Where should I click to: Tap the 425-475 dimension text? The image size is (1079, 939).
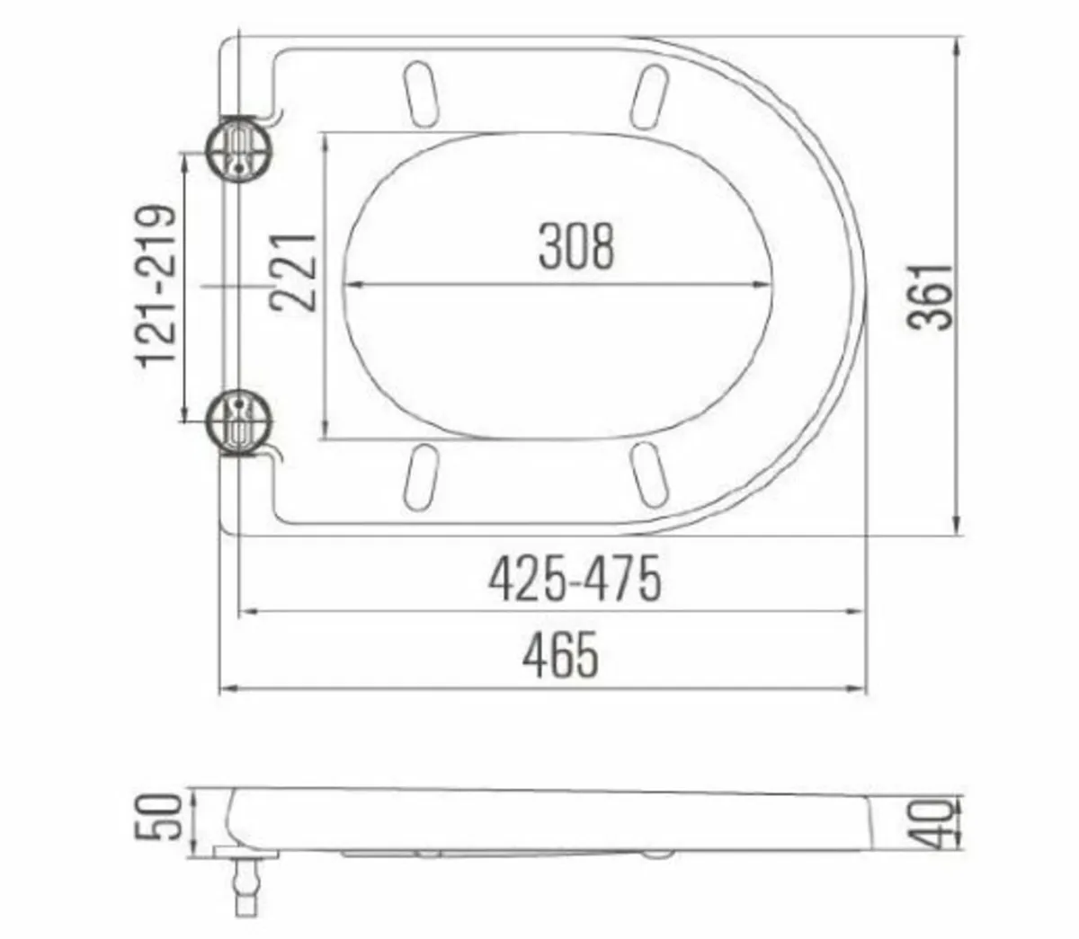575,579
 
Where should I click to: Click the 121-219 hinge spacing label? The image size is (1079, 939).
155,286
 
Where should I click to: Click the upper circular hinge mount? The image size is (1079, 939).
238,149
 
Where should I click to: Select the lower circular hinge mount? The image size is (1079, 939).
238,422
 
